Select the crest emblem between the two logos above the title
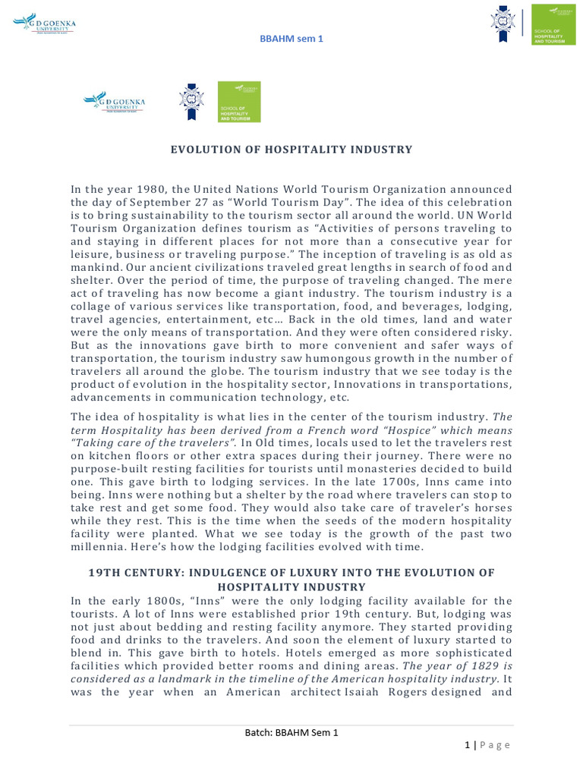(x=191, y=102)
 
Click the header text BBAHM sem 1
(x=291, y=39)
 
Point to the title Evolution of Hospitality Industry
(x=291, y=149)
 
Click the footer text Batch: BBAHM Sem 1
(x=291, y=732)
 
